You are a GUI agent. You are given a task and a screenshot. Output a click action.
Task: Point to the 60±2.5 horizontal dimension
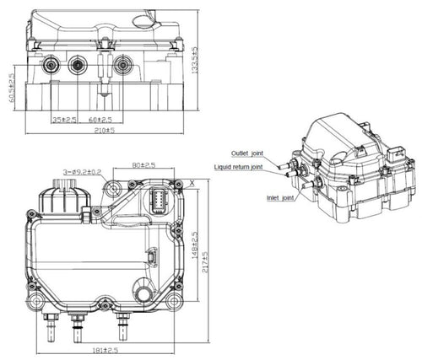[102, 120]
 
